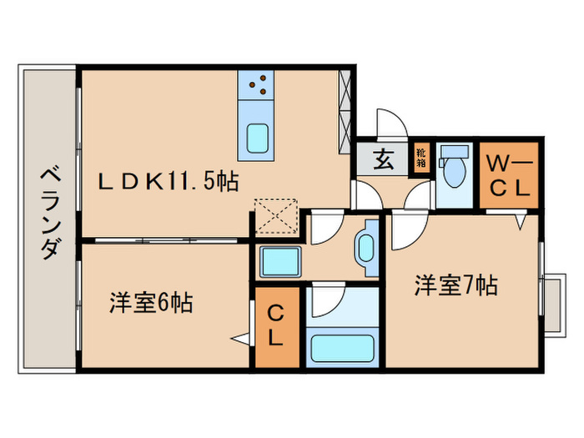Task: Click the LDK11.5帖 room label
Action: click(x=168, y=181)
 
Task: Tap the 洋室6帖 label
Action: click(x=151, y=303)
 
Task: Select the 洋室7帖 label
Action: click(x=456, y=285)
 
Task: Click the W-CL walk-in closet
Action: click(x=509, y=175)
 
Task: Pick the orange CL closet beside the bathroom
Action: click(x=277, y=327)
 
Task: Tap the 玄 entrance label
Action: click(x=384, y=159)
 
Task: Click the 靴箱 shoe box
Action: click(x=421, y=158)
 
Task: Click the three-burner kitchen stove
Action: click(x=256, y=85)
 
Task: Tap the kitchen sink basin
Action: click(x=257, y=138)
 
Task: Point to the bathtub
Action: click(x=342, y=348)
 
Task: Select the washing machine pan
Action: click(x=280, y=261)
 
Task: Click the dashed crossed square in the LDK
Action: click(x=276, y=216)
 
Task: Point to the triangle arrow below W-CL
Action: click(x=521, y=223)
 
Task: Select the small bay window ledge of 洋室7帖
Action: click(x=554, y=305)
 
